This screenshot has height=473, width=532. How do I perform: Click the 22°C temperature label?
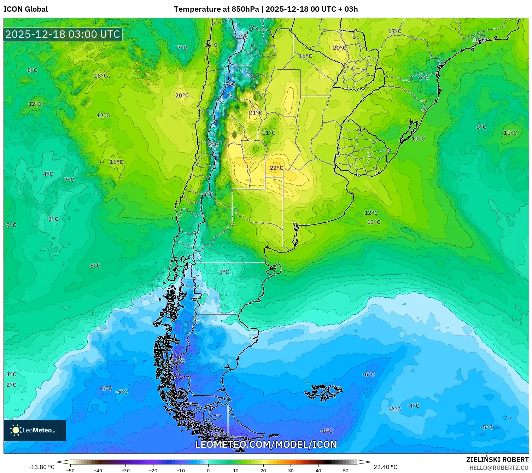coord(276,168)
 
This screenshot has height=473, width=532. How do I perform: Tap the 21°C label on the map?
coord(255,112)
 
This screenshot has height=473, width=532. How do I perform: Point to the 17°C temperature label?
coord(394,31)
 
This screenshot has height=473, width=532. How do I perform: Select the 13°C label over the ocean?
coord(374,222)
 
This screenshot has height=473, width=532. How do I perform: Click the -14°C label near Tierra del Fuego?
coord(222,434)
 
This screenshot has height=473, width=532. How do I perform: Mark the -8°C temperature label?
coord(326,431)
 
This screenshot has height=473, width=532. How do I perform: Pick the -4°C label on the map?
coord(413,406)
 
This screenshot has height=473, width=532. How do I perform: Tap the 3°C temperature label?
coord(53,219)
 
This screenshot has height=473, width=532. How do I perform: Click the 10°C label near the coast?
coord(479,39)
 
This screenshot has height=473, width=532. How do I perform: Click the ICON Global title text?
coord(26,9)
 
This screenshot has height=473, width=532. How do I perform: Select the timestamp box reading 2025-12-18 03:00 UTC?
coord(63,34)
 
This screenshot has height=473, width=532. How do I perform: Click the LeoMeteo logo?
coord(35,430)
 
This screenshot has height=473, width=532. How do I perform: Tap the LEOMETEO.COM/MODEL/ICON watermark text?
coord(266,444)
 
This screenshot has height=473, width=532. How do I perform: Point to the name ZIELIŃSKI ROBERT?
coord(497,460)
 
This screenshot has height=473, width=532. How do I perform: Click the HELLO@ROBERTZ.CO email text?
coord(498,468)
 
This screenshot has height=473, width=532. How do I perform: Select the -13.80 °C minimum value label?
coord(41,467)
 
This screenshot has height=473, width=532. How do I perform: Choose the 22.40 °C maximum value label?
coord(385,467)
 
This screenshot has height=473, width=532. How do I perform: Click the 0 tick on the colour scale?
coord(208,470)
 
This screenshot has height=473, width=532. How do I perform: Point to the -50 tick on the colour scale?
coord(70,470)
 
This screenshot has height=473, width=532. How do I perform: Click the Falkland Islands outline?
coord(323,392)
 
